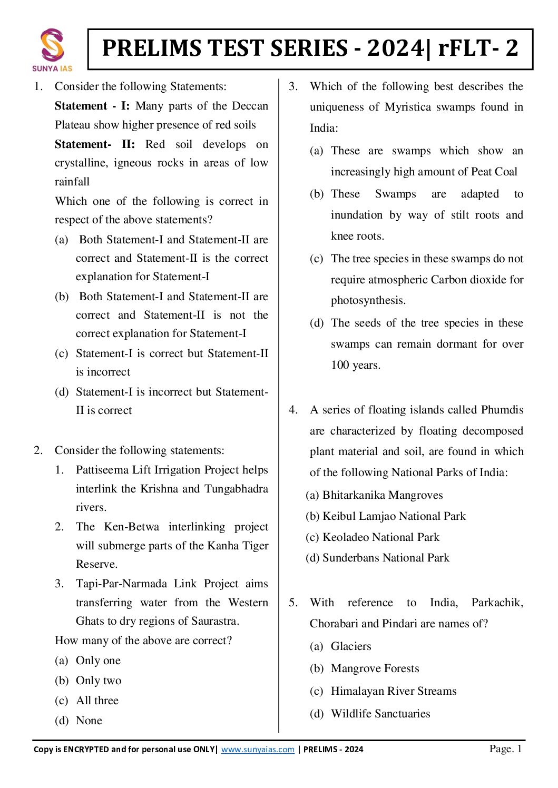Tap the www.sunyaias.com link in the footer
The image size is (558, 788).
[x=258, y=750]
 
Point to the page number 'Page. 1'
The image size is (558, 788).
[x=505, y=748]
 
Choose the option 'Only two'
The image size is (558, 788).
[x=99, y=681]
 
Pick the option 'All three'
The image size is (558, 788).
[x=97, y=701]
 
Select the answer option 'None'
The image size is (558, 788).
[x=89, y=721]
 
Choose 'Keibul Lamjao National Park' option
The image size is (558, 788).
[x=394, y=516]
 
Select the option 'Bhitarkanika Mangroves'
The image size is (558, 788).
[x=383, y=495]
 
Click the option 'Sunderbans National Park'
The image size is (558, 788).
[x=386, y=558]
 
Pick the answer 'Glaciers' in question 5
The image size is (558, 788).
[x=351, y=646]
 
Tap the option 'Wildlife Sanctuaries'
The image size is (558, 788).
[x=380, y=714]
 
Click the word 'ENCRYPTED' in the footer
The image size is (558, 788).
[x=86, y=750]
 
